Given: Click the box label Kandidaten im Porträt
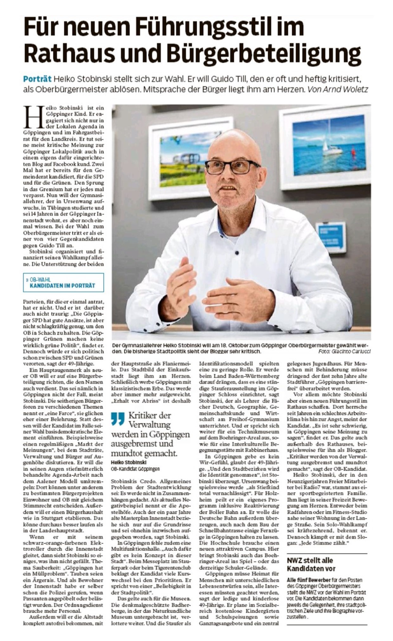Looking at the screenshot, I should tap(62, 285).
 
